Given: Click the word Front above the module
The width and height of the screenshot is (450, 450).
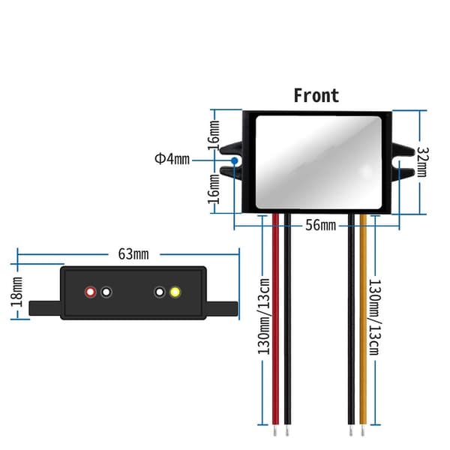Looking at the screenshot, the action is pyautogui.click(x=316, y=95).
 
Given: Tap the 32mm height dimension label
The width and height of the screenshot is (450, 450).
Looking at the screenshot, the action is pyautogui.click(x=422, y=162).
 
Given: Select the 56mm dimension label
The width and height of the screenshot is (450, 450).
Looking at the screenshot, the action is pyautogui.click(x=320, y=225).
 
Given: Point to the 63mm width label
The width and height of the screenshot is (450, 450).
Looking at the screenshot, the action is pyautogui.click(x=133, y=254).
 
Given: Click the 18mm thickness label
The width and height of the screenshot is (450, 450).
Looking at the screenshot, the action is pyautogui.click(x=17, y=292).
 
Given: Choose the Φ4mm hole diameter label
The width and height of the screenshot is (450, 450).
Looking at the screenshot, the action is pyautogui.click(x=172, y=159).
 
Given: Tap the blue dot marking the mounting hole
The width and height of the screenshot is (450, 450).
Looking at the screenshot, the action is pyautogui.click(x=235, y=160).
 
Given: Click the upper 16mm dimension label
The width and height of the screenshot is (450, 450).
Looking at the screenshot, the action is pyautogui.click(x=214, y=136).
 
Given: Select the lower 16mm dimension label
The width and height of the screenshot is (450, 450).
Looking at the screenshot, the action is pyautogui.click(x=214, y=189).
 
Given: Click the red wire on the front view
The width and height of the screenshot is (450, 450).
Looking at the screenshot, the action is pyautogui.click(x=275, y=319).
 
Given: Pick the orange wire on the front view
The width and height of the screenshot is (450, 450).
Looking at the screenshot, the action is pyautogui.click(x=363, y=319).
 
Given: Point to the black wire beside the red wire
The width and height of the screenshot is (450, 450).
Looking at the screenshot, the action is pyautogui.click(x=287, y=319).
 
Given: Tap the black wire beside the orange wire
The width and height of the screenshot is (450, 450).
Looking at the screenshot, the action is pyautogui.click(x=351, y=319).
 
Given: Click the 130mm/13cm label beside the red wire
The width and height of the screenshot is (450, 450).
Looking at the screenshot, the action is pyautogui.click(x=264, y=316).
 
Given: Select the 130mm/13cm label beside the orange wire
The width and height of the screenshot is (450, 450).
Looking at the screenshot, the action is pyautogui.click(x=375, y=316).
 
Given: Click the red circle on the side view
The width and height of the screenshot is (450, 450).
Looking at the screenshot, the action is pyautogui.click(x=91, y=292).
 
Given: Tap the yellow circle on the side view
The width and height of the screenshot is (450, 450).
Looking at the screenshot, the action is pyautogui.click(x=175, y=292).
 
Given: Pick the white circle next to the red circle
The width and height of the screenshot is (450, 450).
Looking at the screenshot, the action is pyautogui.click(x=106, y=292).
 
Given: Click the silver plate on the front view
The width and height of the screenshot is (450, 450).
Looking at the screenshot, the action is pyautogui.click(x=319, y=163).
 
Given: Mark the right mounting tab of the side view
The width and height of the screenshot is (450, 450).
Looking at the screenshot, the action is pyautogui.click(x=221, y=308).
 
